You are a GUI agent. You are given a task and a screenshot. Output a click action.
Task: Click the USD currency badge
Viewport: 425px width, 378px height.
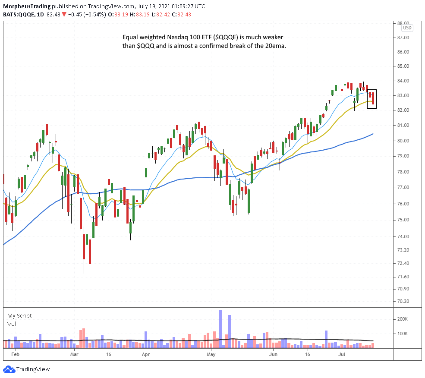[407, 28]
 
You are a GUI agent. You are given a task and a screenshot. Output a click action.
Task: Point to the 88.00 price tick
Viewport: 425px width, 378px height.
[403, 23]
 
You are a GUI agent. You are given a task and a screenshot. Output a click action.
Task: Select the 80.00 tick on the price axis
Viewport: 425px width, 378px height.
[403, 141]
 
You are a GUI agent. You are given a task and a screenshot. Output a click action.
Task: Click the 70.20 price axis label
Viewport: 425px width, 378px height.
[403, 301]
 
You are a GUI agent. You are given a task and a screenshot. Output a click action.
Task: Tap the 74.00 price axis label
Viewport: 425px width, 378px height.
[403, 236]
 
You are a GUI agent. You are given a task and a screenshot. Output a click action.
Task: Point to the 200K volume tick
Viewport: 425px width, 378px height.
[403, 319]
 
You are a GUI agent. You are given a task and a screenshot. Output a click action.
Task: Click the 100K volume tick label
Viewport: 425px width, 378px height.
[403, 334]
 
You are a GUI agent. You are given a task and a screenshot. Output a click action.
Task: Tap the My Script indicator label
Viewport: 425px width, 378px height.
[19, 315]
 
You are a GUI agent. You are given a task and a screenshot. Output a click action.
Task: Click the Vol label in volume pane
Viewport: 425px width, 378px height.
[11, 324]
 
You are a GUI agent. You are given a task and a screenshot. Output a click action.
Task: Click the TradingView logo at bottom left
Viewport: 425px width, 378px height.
[27, 369]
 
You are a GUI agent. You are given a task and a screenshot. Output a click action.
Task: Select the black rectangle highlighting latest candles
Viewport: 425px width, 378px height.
[371, 99]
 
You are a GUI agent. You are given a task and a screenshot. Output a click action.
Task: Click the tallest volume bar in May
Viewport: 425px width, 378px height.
[220, 328]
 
